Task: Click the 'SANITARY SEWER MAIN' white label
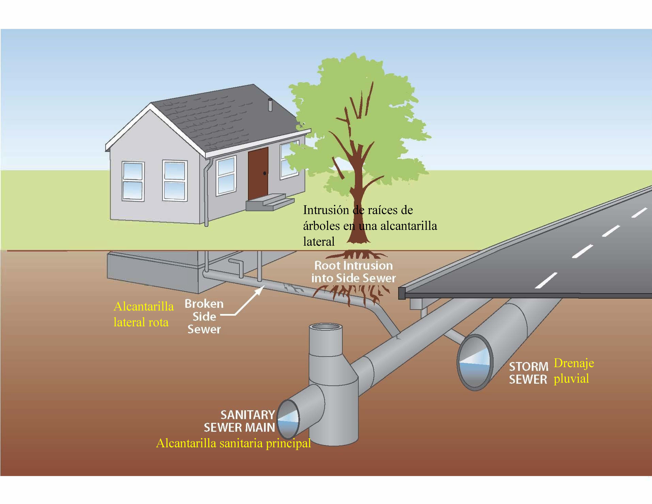point(239,421)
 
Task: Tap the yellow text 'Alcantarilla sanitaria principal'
point(233,443)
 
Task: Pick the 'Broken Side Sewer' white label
point(204,317)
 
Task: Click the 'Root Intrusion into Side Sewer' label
point(353,272)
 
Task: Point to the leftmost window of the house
point(133,181)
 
